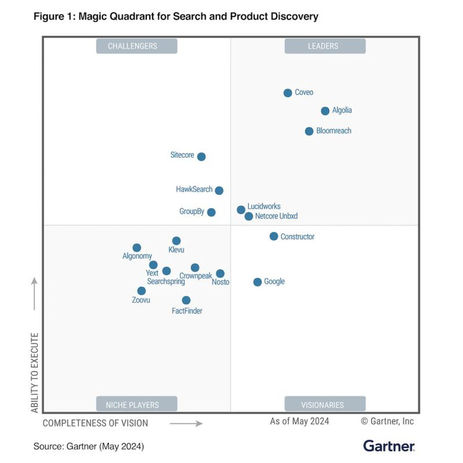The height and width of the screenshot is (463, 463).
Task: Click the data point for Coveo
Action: (x=288, y=93)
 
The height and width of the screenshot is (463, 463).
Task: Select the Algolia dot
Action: (x=325, y=111)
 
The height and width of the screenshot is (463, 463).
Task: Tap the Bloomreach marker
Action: (x=309, y=131)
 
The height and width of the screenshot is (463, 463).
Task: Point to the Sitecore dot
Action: (x=201, y=157)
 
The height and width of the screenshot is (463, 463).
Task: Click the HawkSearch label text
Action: (x=194, y=190)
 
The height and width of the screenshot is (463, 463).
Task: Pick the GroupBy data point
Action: (x=211, y=212)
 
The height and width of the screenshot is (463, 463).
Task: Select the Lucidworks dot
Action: (x=241, y=210)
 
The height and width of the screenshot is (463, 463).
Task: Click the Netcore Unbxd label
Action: (x=276, y=216)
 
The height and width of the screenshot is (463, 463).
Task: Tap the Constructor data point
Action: (x=273, y=236)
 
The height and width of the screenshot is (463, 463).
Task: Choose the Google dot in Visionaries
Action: (x=257, y=282)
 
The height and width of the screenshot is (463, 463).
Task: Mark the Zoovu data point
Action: (x=141, y=291)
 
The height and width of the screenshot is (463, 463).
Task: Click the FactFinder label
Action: (x=187, y=311)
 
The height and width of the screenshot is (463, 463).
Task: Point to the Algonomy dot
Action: (x=137, y=248)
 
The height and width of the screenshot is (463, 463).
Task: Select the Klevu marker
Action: (x=177, y=241)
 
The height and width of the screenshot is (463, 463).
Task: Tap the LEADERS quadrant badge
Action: (x=325, y=46)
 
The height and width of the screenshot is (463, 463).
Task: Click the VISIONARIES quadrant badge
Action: (x=325, y=405)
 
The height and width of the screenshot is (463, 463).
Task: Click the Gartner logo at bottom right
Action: (x=389, y=445)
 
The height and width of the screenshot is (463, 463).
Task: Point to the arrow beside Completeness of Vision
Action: (x=186, y=423)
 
